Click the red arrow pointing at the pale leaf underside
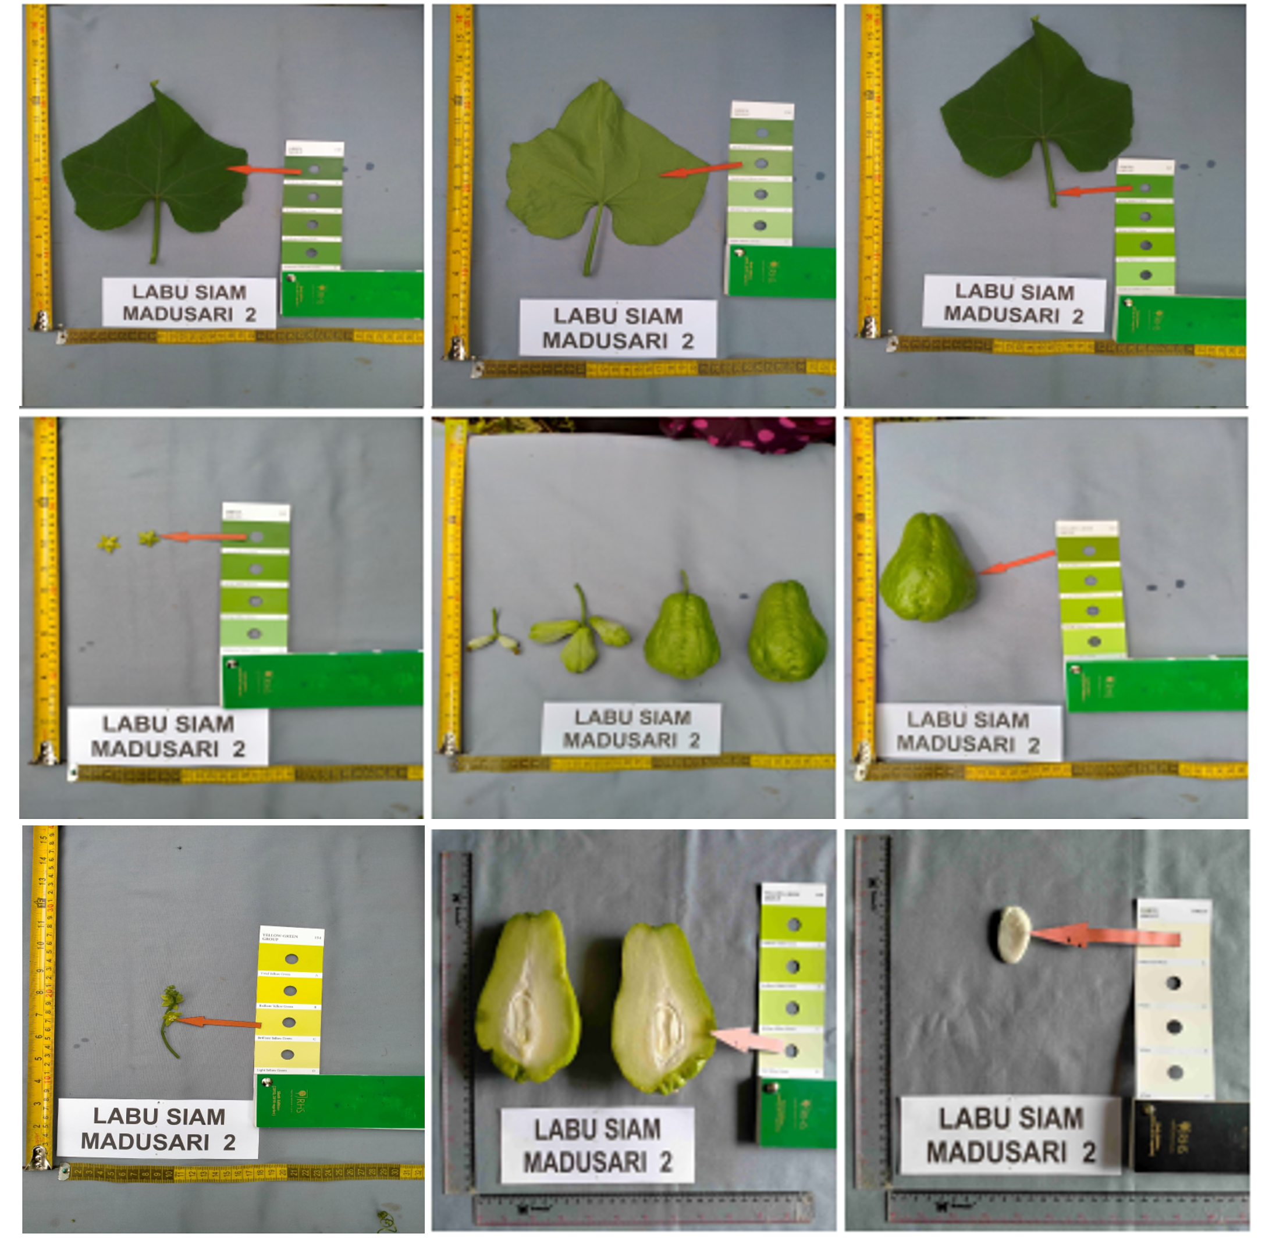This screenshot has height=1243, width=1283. pos(701,170)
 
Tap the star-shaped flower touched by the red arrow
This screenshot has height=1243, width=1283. pos(148,539)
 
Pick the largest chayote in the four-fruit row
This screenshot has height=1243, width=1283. pos(787,631)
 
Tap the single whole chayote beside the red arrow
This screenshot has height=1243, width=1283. pos(928,568)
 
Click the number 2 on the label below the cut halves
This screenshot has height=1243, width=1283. pos(666,1162)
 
